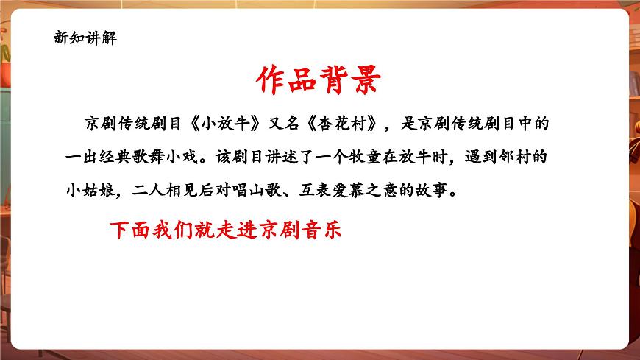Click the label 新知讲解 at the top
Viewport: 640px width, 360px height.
(x=85, y=39)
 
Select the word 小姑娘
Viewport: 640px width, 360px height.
(x=90, y=193)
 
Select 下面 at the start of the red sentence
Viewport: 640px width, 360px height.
(x=129, y=229)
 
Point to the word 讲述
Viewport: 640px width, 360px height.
(x=297, y=158)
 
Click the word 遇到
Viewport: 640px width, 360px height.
(x=477, y=158)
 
